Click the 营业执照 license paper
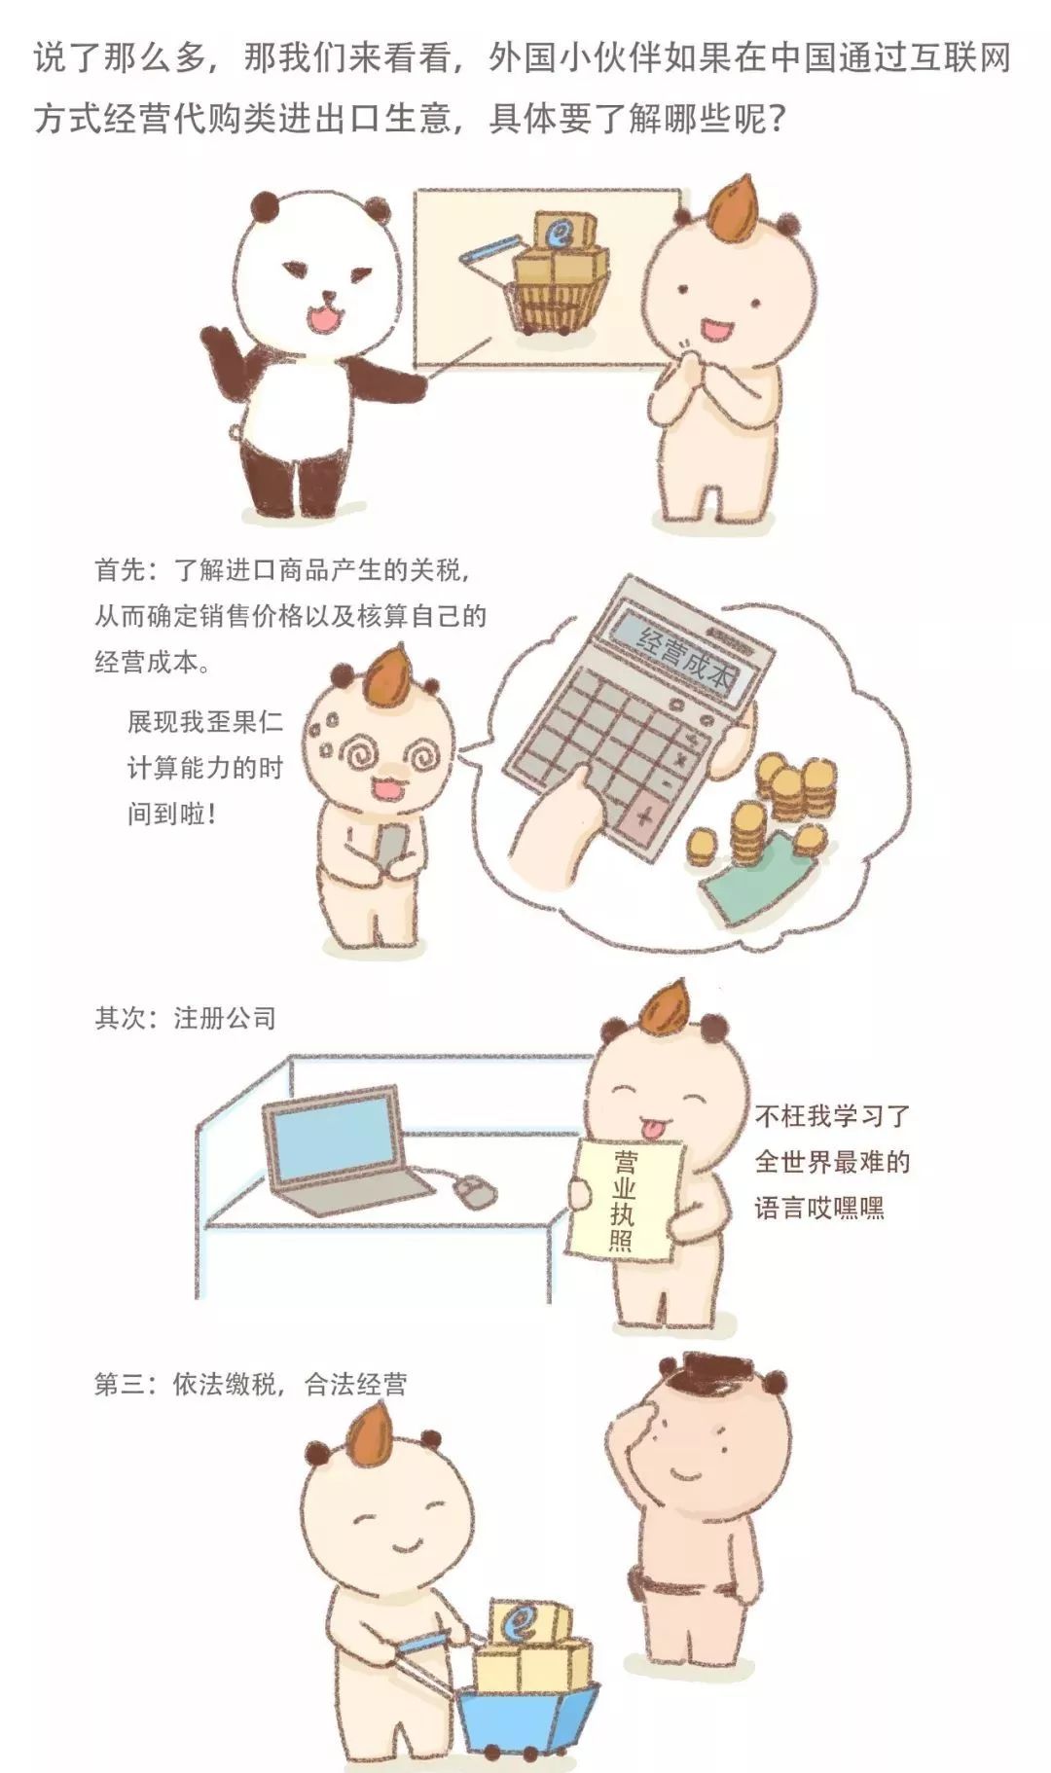(623, 1202)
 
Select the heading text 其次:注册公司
(186, 1018)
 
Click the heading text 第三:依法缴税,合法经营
(250, 1384)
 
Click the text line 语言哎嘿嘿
(819, 1208)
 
